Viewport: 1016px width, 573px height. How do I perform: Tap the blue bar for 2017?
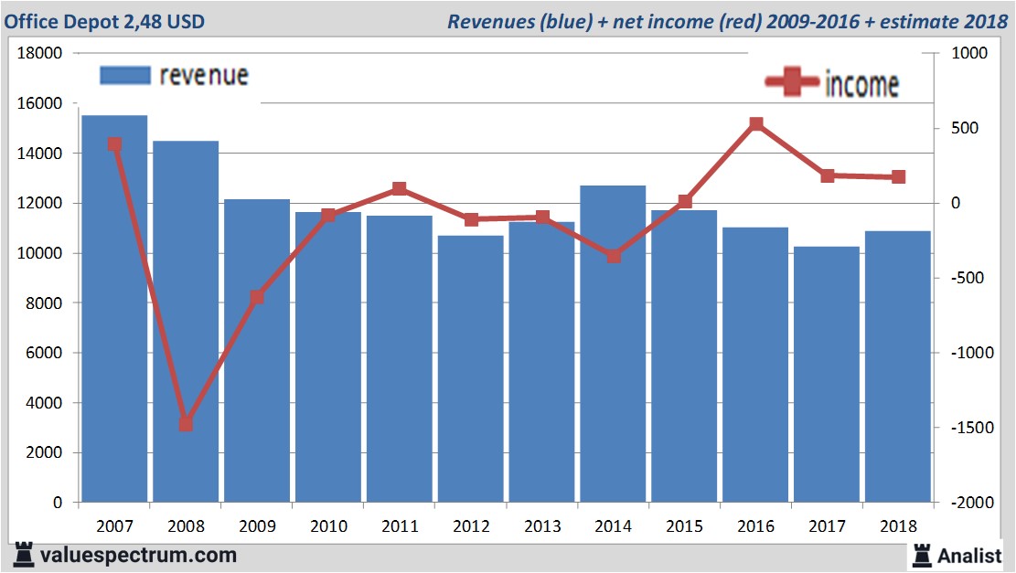coord(827,374)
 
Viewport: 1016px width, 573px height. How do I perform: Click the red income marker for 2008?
coord(186,424)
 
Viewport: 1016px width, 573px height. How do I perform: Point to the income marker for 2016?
coord(755,123)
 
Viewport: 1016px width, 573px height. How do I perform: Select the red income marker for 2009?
coord(257,297)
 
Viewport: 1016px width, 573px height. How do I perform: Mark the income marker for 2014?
coord(614,256)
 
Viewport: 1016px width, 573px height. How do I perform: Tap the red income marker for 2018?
coord(898,177)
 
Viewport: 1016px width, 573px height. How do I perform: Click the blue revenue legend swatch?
coord(123,76)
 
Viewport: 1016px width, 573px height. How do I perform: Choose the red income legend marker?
coord(792,83)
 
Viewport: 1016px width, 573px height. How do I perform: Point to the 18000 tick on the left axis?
coord(40,54)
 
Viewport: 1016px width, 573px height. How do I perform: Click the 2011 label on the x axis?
coord(400,527)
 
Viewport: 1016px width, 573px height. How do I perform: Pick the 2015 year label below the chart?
coord(684,527)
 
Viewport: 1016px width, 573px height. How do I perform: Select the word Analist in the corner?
coord(969,556)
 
